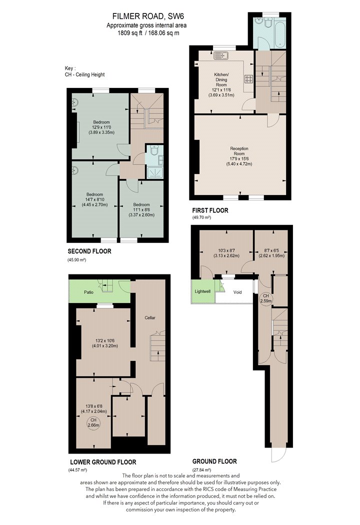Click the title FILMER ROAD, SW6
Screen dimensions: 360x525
click(x=148, y=16)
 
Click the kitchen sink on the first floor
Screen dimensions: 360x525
click(x=221, y=55)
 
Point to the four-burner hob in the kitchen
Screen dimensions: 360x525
click(x=249, y=79)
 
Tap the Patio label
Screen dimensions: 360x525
click(x=88, y=292)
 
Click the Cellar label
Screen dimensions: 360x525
click(x=150, y=317)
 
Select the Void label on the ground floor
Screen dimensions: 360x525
click(x=237, y=292)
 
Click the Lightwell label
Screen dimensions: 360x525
click(x=202, y=291)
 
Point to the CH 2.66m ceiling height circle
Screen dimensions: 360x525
click(x=93, y=422)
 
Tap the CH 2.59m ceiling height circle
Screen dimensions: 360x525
click(x=266, y=298)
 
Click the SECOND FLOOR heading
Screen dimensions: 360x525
click(x=89, y=251)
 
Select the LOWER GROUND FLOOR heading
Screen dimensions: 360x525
click(x=103, y=462)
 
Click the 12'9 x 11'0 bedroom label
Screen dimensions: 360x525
click(x=101, y=127)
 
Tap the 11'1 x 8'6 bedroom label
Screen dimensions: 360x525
click(x=141, y=209)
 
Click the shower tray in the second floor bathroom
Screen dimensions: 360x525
click(x=154, y=172)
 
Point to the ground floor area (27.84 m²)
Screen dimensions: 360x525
click(x=201, y=470)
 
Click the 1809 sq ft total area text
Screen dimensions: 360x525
click(x=130, y=33)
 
